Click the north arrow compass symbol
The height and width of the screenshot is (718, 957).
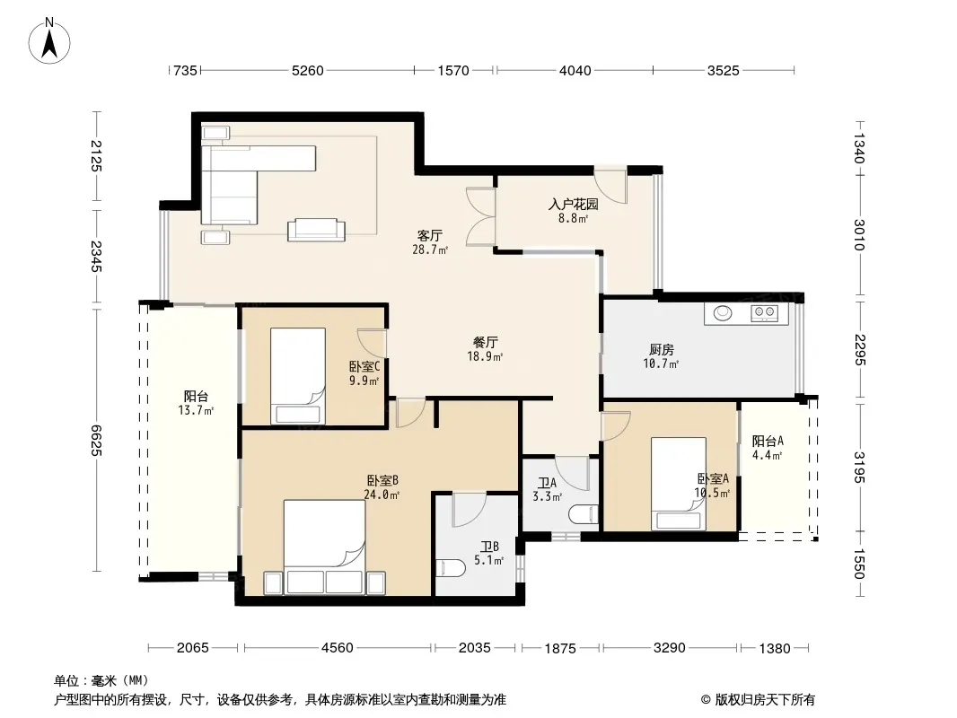(49, 40)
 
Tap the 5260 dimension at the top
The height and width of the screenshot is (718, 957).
(308, 71)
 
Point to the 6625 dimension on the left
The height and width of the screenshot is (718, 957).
(96, 440)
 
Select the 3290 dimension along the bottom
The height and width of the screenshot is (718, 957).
(670, 648)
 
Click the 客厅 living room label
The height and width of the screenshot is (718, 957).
(430, 235)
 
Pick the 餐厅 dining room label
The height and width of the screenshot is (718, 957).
(485, 342)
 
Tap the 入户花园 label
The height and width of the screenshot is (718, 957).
(573, 204)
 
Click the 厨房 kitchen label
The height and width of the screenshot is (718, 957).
(661, 349)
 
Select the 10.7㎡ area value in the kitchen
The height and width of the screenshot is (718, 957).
(661, 364)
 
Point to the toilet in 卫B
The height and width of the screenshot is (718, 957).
(451, 568)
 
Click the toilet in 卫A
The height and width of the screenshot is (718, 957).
(584, 515)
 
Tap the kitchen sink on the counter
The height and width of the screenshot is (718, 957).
(724, 312)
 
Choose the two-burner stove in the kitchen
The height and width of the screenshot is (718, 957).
(764, 312)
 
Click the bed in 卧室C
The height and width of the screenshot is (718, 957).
(298, 376)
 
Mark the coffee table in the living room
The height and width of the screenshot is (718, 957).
(316, 230)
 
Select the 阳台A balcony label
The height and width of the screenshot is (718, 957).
(768, 441)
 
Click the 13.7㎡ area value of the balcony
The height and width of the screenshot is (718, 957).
(196, 410)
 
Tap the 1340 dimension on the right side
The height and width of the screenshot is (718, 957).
(859, 149)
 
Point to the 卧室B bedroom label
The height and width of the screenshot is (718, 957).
(382, 481)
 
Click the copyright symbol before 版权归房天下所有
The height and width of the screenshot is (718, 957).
(707, 700)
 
